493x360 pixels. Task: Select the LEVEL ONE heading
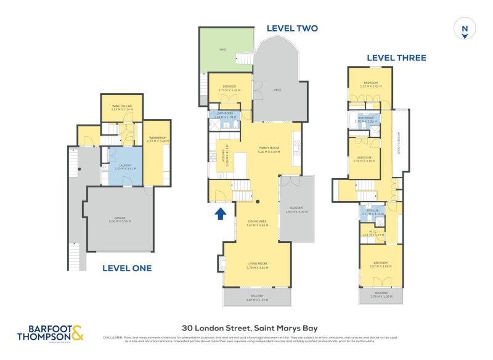tap(126, 268)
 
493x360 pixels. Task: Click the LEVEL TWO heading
tap(291, 28)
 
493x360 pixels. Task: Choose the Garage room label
tap(120, 219)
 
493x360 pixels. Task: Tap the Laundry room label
tap(125, 165)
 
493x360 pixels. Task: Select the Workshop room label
tap(158, 138)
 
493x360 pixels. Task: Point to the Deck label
tap(277, 90)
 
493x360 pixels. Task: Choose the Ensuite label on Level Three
tap(372, 211)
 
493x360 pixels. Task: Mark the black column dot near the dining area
tap(258, 202)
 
